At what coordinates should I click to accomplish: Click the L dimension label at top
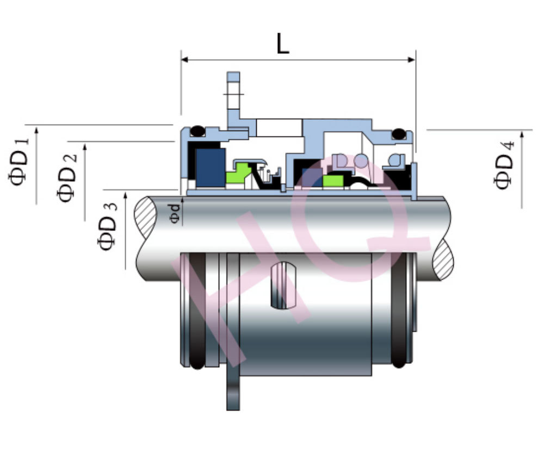283,44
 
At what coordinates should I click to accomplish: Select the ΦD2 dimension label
66,178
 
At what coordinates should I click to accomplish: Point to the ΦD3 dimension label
107,226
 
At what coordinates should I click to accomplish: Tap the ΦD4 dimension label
503,165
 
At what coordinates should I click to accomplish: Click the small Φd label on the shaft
175,213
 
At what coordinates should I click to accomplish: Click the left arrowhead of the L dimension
184,60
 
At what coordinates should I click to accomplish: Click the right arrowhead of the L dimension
411,60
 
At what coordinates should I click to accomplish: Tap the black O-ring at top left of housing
198,131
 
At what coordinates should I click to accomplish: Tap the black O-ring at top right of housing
399,134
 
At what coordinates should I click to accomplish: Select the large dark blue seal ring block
210,168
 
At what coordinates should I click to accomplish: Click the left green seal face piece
238,173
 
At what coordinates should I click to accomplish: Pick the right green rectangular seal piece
333,181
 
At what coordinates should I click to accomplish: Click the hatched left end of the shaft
146,217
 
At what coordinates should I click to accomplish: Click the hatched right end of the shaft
443,259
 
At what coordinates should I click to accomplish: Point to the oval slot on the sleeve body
283,286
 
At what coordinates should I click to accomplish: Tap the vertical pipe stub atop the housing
233,91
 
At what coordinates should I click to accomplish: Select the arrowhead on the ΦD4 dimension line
522,134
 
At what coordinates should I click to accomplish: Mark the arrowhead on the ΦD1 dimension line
36,130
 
